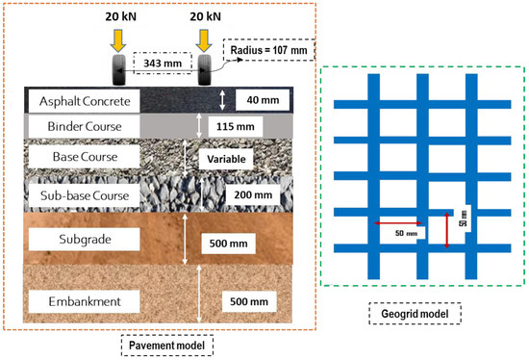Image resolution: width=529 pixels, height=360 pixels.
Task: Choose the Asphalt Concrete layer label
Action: point(84,100)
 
